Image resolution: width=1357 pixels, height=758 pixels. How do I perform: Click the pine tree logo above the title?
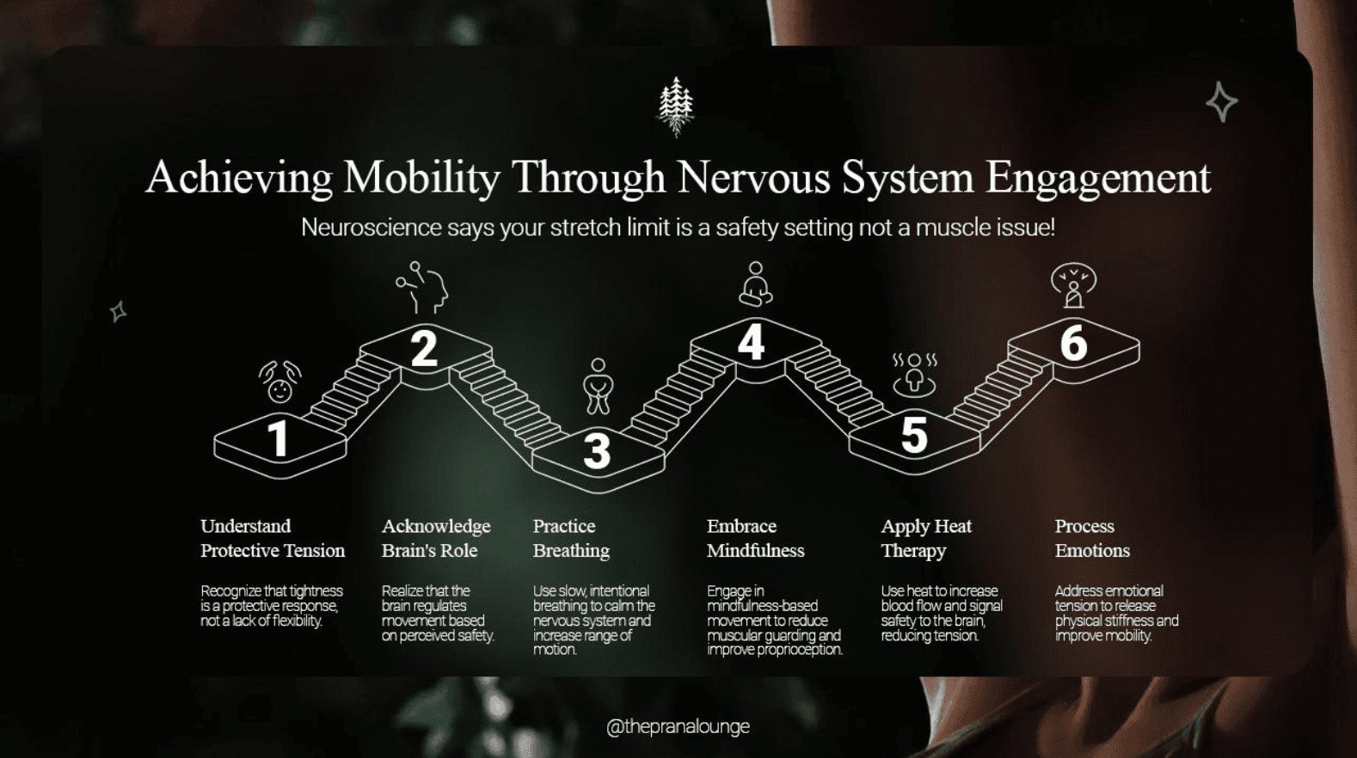coord(676,107)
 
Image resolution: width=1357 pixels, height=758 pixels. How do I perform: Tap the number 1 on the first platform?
coord(277,438)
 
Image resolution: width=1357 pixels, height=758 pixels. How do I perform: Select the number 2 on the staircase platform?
coord(423,348)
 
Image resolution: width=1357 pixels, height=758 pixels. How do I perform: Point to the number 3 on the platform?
coord(597,451)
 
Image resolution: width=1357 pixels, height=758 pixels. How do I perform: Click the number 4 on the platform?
coord(751,342)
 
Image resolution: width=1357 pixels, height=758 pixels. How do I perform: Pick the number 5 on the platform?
coord(914,434)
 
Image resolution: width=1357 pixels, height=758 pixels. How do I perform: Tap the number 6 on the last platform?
coord(1073,343)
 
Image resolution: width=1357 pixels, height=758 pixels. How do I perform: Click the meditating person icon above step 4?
coord(755,284)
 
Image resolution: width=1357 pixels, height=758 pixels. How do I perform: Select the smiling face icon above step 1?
coord(279,382)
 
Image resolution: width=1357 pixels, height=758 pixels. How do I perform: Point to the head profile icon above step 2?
coord(423,287)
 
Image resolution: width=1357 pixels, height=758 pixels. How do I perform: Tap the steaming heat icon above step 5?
coord(914,374)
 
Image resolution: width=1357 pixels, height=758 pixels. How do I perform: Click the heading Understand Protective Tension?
coord(272,538)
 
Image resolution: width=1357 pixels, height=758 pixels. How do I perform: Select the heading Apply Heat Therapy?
coord(925,538)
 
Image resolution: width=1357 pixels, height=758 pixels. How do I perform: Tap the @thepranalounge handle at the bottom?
coord(678,727)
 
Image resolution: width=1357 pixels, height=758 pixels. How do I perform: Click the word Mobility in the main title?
coord(421,178)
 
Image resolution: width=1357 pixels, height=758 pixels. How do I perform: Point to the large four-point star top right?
coord(1221,102)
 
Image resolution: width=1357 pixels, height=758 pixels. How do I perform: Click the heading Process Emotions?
coord(1091,538)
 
